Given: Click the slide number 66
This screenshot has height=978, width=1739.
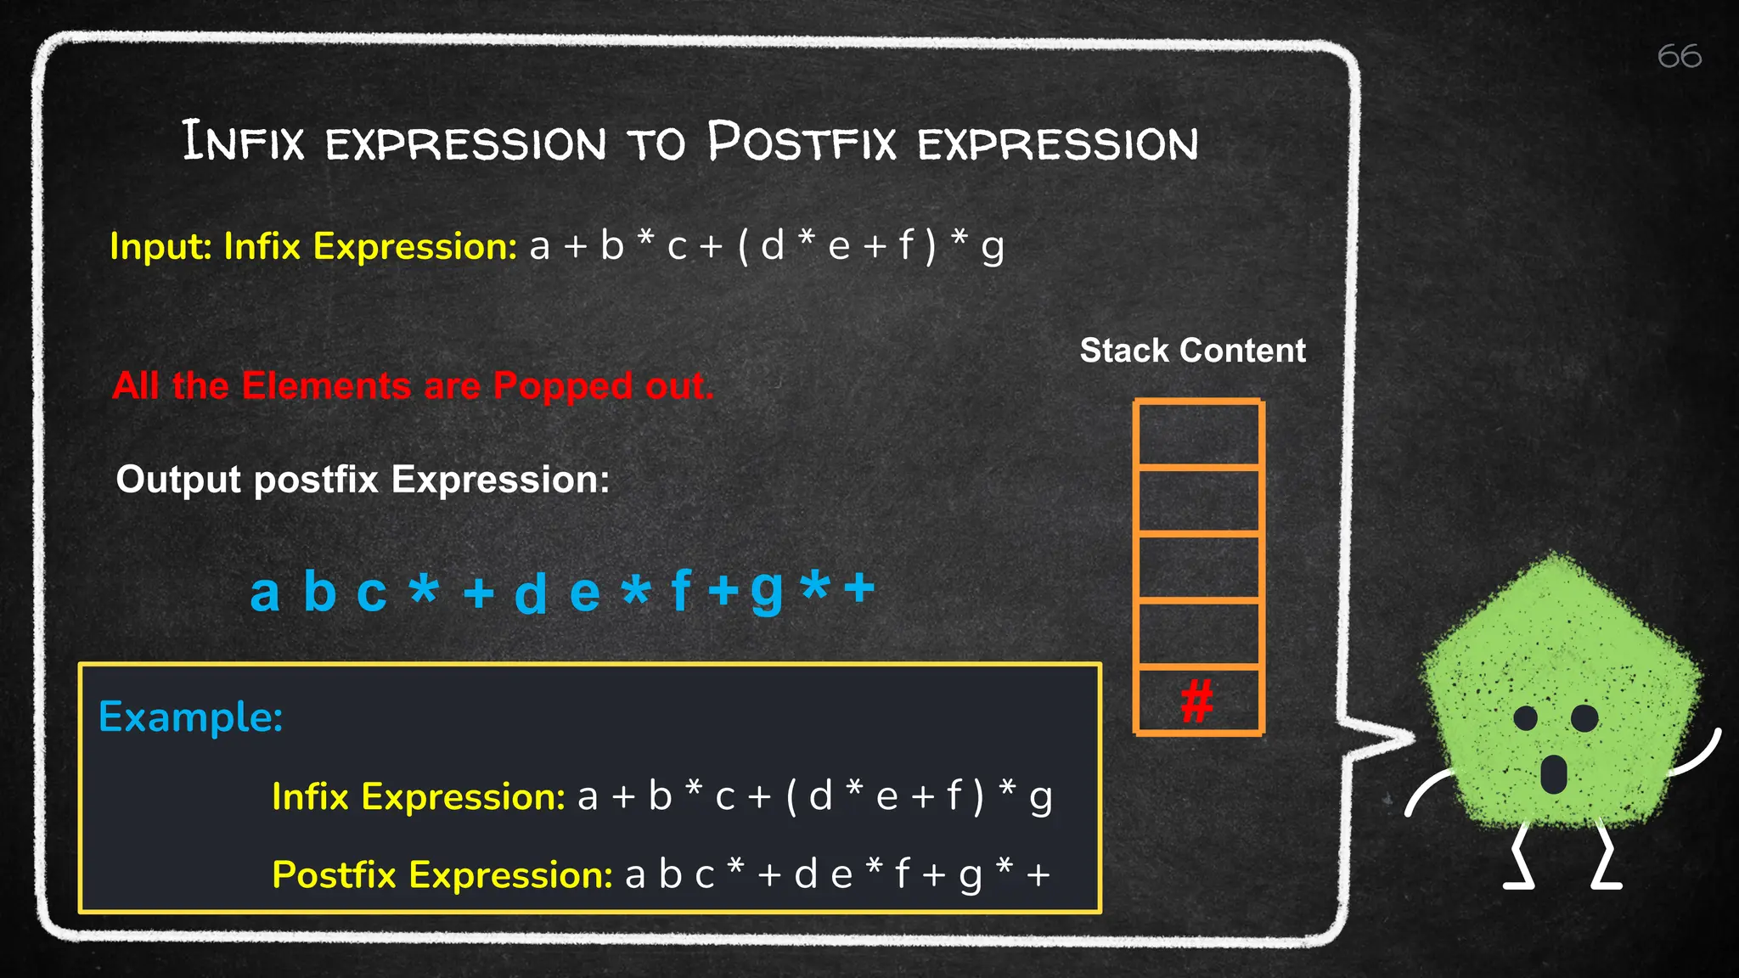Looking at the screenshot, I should (x=1679, y=57).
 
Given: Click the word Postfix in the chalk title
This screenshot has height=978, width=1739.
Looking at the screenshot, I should (x=802, y=143).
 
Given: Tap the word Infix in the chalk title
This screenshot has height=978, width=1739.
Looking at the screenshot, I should (x=243, y=142).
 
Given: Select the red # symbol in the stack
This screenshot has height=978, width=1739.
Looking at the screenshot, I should (x=1197, y=701).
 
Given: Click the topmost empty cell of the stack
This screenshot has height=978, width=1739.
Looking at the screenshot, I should (x=1198, y=434).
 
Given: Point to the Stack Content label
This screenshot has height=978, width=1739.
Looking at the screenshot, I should (x=1192, y=351).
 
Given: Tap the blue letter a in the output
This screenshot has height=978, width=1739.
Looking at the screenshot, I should (x=264, y=592).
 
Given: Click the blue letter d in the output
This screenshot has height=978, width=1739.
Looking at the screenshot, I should (x=531, y=593).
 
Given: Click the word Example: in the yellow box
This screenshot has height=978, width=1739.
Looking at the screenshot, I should (x=190, y=717).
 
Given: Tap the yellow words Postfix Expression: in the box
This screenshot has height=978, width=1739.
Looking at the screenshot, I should (x=442, y=874).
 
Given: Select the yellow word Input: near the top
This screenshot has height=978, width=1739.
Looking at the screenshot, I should (x=160, y=247).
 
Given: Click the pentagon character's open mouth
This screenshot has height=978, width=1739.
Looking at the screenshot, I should (x=1553, y=773).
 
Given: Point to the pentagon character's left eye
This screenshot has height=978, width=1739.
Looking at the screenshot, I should (x=1526, y=718).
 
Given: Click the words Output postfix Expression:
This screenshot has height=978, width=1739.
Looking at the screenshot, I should (x=363, y=480).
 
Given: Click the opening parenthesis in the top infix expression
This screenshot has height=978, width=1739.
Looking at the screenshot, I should (x=744, y=247).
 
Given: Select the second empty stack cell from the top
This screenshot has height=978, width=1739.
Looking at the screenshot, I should (x=1198, y=501).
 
